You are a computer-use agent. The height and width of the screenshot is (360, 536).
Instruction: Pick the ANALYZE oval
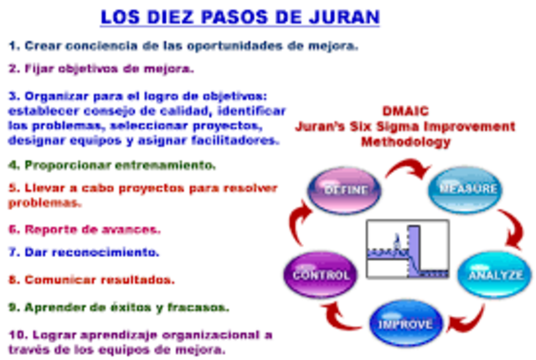click(x=493, y=273)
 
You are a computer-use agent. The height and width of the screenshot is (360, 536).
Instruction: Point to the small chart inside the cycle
click(x=406, y=249)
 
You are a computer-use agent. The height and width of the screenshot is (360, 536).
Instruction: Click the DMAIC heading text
click(x=405, y=111)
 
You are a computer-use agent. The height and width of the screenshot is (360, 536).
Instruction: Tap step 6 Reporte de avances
click(x=84, y=228)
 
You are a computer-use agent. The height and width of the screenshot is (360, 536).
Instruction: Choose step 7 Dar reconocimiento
click(x=84, y=250)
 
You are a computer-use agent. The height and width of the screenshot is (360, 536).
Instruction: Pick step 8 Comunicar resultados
click(x=91, y=279)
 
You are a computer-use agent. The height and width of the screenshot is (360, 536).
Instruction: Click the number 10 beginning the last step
click(x=16, y=334)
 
